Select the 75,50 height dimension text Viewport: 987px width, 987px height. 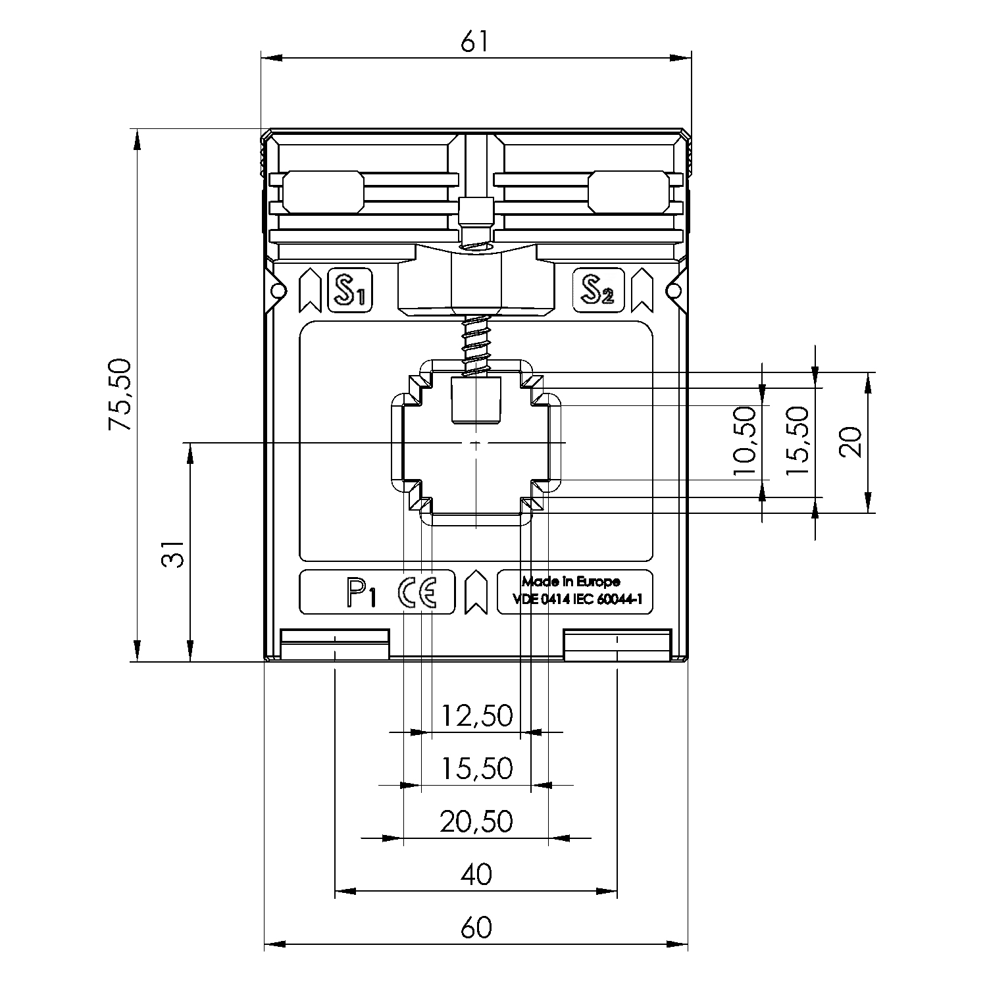point(121,395)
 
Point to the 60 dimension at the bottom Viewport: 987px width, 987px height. point(476,928)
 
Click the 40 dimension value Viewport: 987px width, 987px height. point(476,874)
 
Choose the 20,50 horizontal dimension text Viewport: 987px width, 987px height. point(476,821)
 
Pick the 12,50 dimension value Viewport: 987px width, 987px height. point(476,715)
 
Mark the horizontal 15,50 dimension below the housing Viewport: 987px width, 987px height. point(476,768)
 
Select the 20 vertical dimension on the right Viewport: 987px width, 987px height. point(851,442)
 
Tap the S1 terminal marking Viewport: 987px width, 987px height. point(350,290)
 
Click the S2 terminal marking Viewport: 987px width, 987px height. point(597,290)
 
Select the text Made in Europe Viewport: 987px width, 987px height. point(570,582)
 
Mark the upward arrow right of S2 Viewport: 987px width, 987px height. point(642,290)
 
